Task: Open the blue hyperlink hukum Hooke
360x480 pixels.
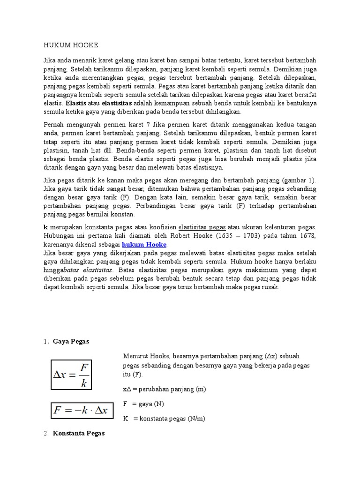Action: pos(144,244)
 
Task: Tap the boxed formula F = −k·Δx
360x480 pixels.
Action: pos(81,411)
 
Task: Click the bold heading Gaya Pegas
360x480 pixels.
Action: pos(71,342)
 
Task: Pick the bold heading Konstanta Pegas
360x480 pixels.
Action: pos(78,434)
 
